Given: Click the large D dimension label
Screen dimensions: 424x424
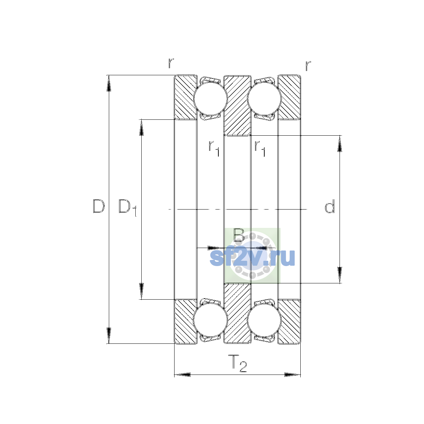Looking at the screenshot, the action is tap(99, 206).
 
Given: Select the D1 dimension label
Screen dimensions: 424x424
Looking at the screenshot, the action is tap(128, 207).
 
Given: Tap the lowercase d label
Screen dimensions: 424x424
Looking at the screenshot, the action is tap(330, 206).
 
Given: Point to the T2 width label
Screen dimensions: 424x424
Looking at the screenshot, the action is tap(237, 363).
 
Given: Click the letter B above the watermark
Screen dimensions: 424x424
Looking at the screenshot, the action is tap(239, 235).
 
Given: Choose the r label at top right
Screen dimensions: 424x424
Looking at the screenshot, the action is tap(308, 66).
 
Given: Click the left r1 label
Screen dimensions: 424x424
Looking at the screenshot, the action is tap(214, 148).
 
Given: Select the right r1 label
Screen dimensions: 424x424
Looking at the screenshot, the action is tap(260, 148).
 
